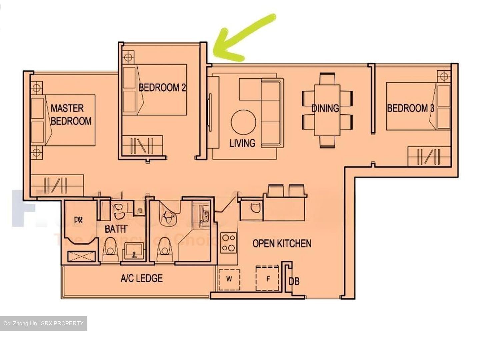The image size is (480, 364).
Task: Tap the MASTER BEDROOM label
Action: point(71,114)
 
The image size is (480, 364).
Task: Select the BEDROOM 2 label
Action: point(162,88)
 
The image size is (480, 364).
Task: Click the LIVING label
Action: point(243,143)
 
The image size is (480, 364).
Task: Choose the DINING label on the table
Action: point(325,108)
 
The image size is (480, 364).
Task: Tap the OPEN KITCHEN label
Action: point(282,243)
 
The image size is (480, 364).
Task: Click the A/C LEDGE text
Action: point(142,278)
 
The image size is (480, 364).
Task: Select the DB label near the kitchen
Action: point(294,282)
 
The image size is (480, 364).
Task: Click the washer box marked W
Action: point(229,279)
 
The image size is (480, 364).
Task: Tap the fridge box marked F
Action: point(268,279)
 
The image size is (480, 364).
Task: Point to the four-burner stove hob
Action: point(229,243)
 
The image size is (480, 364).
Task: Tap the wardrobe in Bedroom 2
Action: point(143,145)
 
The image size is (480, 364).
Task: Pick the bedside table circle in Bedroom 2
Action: point(128,56)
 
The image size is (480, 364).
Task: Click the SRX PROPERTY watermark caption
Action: point(43,323)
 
